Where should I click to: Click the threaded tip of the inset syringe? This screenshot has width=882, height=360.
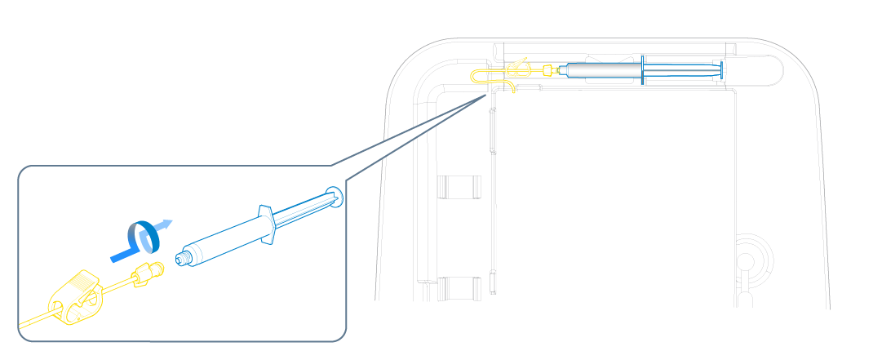click(x=183, y=259)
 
